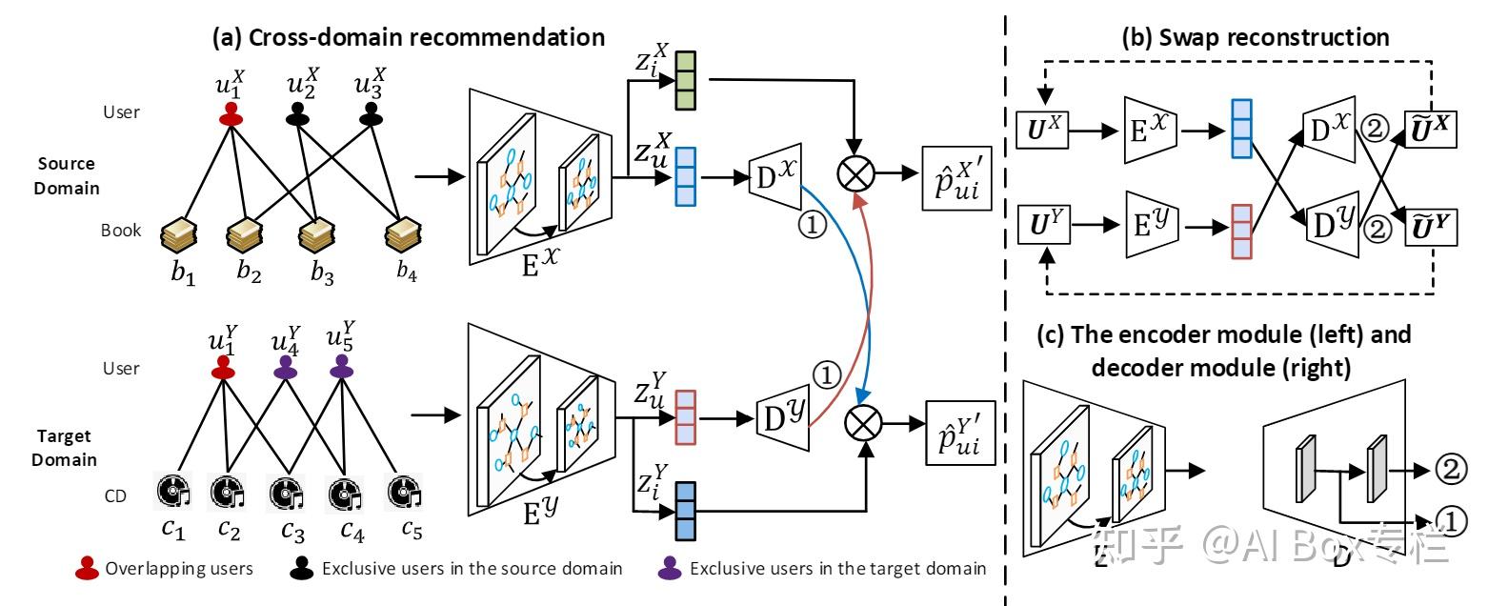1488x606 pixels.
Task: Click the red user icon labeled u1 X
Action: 230,115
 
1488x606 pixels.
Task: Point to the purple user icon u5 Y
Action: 341,369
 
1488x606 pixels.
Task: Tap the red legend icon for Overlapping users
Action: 87,569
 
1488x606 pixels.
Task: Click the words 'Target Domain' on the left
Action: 68,448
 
